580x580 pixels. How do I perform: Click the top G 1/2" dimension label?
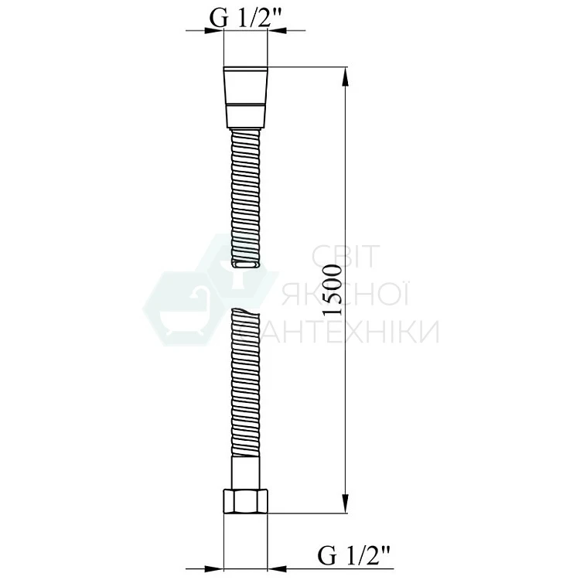tap(246, 17)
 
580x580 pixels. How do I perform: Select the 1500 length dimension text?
tap(332, 290)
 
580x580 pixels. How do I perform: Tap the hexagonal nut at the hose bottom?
tap(246, 501)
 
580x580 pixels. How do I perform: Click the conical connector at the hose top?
tap(246, 97)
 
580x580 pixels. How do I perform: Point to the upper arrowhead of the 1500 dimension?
tap(345, 77)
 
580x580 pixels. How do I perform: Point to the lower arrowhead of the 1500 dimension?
tap(345, 503)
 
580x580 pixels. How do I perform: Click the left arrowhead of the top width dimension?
tap(214, 30)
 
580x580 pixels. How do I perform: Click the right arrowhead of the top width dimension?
tap(277, 30)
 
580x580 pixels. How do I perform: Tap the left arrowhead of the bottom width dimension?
tap(214, 569)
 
